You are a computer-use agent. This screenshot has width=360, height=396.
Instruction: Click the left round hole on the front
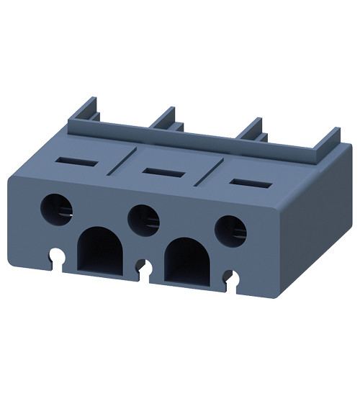point(58,208)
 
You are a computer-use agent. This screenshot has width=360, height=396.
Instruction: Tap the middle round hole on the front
point(144,217)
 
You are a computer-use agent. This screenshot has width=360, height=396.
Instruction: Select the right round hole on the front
point(231,229)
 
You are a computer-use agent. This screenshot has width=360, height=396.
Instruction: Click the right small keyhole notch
point(230,276)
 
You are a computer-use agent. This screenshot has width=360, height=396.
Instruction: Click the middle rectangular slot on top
point(157,170)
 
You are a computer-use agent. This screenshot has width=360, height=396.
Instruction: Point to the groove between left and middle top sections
point(117,162)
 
